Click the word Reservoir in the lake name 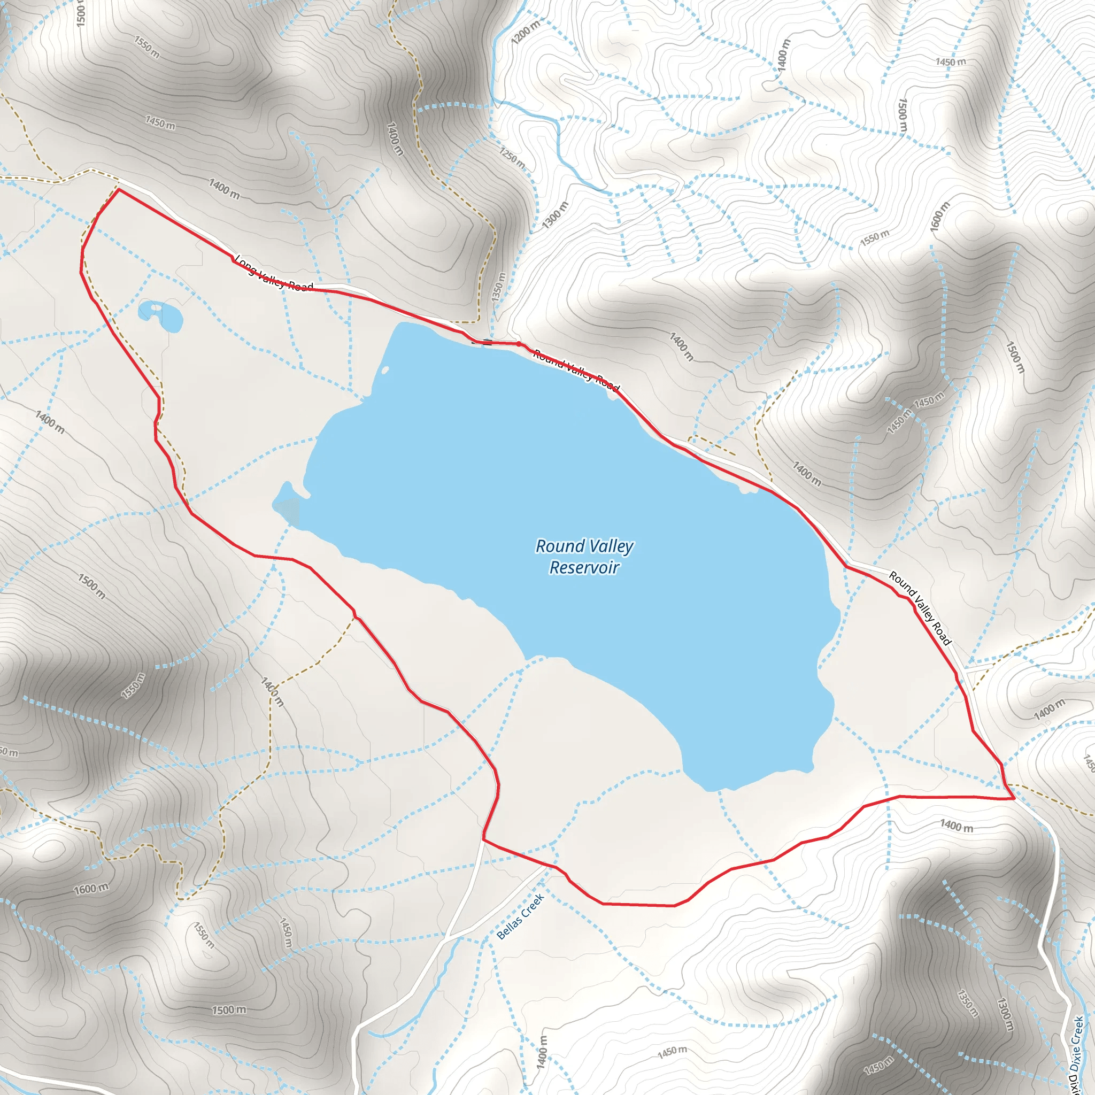(584, 567)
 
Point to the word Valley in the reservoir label (611, 547)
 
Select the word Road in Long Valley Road (300, 286)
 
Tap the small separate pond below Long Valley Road (161, 315)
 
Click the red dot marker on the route (518, 343)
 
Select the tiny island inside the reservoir (385, 371)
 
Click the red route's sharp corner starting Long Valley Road (119, 190)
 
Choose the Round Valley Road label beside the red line (919, 608)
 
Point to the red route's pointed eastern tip (1014, 798)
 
